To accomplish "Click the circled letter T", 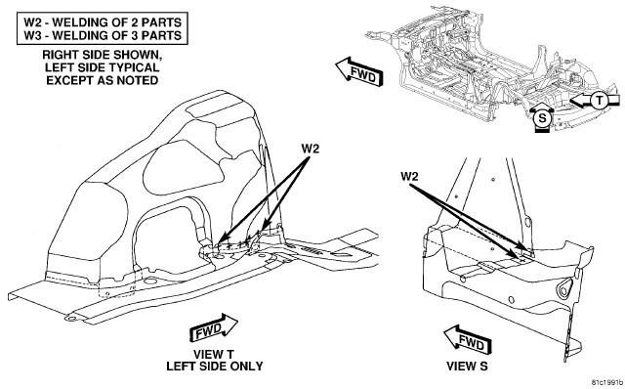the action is coord(600,101).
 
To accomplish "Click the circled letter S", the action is coord(543,118).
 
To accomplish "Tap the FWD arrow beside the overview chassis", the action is coord(359,71).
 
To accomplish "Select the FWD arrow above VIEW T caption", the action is coord(213,328).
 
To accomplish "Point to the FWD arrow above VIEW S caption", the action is coord(468,340).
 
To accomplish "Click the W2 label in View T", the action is coord(311,149).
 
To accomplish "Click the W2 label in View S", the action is coord(409,176).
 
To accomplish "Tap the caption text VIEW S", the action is coord(467,366).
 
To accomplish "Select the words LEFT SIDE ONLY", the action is coord(215,366).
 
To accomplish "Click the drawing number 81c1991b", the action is coord(606,382).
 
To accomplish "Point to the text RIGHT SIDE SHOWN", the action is coord(102,55).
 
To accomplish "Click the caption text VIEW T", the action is coord(214,354).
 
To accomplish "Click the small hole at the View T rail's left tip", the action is coord(71,319).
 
